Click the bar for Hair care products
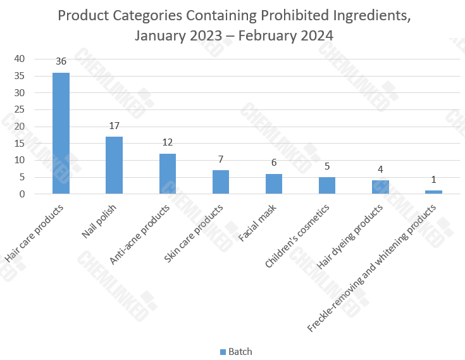[x=61, y=133]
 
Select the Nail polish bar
[x=114, y=165]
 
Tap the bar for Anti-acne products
[x=167, y=174]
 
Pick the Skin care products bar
[x=220, y=182]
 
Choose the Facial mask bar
[x=274, y=184]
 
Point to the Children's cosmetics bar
[x=327, y=186]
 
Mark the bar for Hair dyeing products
[x=380, y=187]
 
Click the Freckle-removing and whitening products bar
[x=433, y=192]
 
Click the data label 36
[x=61, y=62]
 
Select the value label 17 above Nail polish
[x=114, y=126]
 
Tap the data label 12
[x=167, y=143]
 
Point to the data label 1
[x=433, y=180]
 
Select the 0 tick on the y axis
[x=22, y=194]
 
